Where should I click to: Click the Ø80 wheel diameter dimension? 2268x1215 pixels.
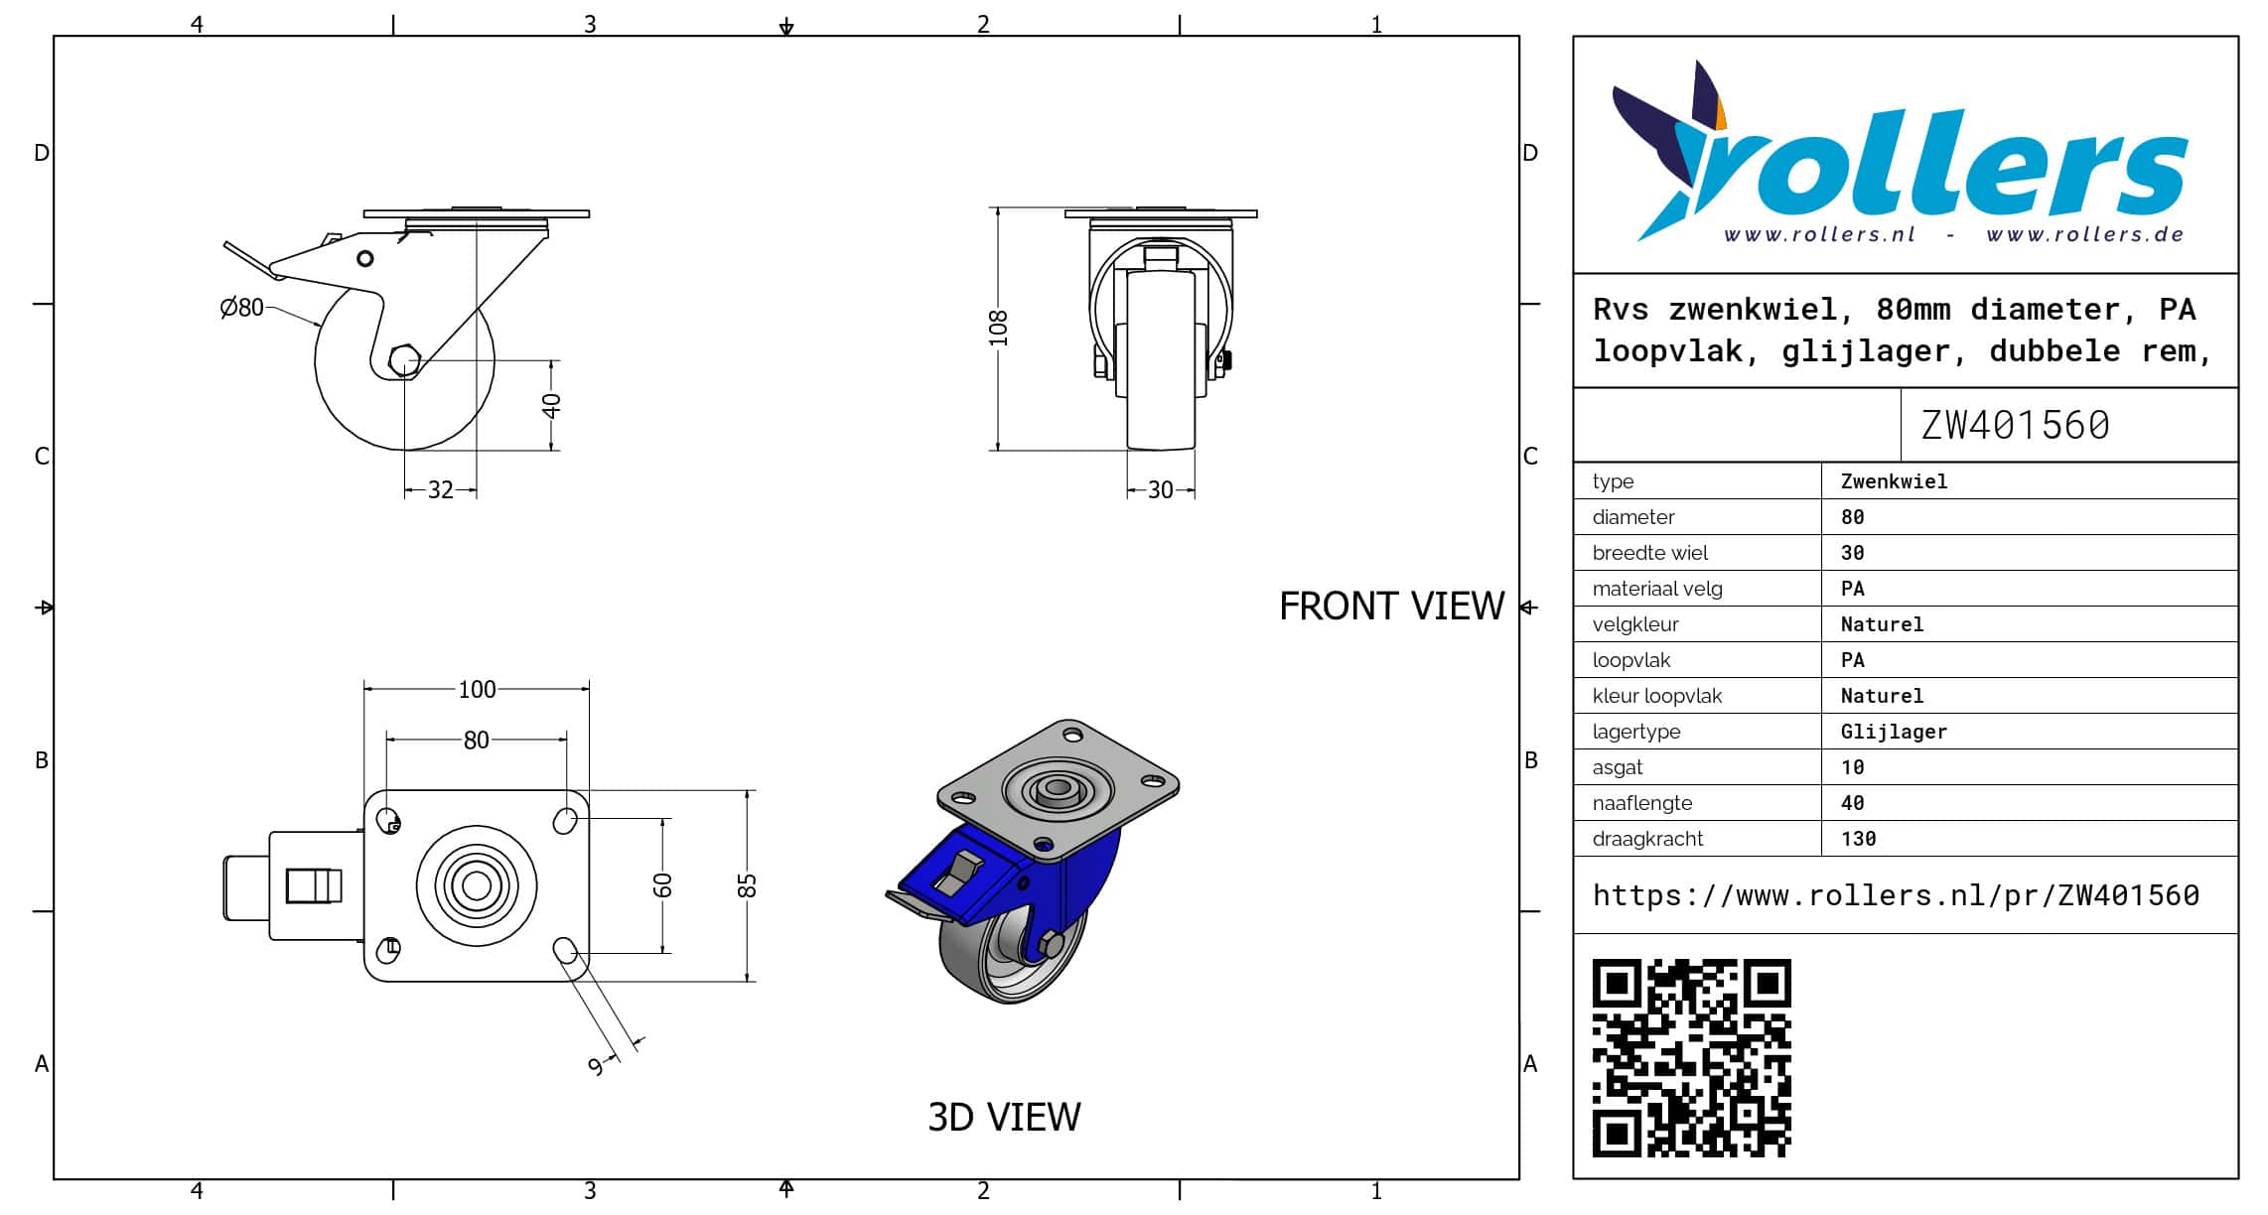[242, 308]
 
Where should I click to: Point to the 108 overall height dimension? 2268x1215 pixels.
[998, 329]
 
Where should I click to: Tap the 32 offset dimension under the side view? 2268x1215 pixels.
[441, 489]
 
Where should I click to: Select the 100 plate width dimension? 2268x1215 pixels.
[477, 689]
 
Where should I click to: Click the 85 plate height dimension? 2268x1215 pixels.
[747, 885]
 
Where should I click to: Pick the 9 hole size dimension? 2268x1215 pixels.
[596, 1066]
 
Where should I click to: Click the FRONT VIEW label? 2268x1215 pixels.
[1391, 607]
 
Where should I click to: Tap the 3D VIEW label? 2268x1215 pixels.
[1004, 1117]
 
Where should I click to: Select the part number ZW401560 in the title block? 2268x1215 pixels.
[2015, 425]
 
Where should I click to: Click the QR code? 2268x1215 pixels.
[1692, 1058]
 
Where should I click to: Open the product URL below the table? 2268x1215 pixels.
[1896, 895]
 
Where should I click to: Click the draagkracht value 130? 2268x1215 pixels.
[1858, 839]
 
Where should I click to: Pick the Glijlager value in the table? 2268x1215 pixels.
[1894, 732]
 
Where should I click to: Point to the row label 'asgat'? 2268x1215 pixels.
[1618, 767]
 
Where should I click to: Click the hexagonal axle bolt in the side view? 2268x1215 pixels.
[404, 360]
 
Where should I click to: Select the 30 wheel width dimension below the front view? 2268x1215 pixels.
[1160, 489]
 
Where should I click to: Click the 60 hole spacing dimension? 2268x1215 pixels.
[662, 885]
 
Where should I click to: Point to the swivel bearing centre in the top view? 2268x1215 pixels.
[477, 885]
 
